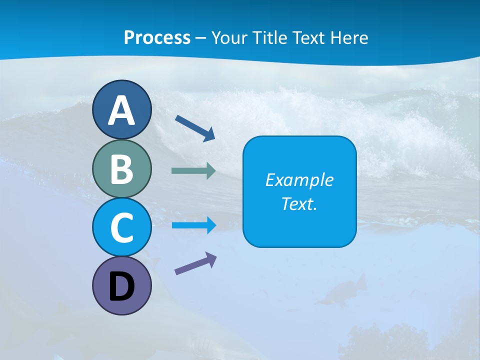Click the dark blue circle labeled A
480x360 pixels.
pyautogui.click(x=121, y=109)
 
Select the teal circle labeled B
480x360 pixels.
pyautogui.click(x=121, y=168)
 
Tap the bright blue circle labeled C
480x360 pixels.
pyautogui.click(x=121, y=227)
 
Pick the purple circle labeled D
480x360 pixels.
pyautogui.click(x=121, y=285)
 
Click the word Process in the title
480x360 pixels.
pyautogui.click(x=157, y=37)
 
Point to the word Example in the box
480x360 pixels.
pyautogui.click(x=299, y=180)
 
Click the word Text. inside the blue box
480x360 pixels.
pyautogui.click(x=299, y=204)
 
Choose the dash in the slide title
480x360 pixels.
pyautogui.click(x=201, y=38)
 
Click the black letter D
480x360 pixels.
pyautogui.click(x=121, y=287)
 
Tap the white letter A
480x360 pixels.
pyautogui.click(x=121, y=110)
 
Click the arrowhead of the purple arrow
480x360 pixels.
pyautogui.click(x=211, y=258)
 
